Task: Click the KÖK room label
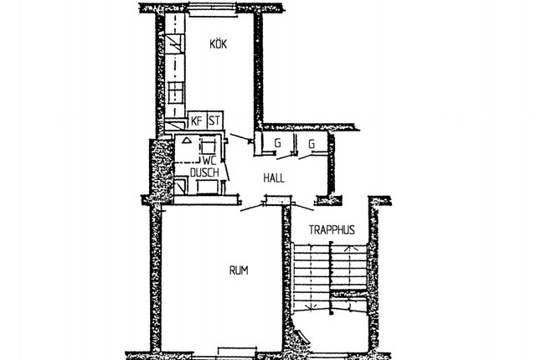tap(218, 44)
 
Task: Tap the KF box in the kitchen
tap(197, 121)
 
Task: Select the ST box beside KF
tap(214, 121)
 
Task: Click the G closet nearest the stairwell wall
tap(312, 143)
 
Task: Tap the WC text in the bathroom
tap(209, 161)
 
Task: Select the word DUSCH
tap(204, 172)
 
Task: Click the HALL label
tap(274, 178)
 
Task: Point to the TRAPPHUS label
tap(332, 230)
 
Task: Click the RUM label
tap(239, 270)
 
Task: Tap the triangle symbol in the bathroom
tap(186, 140)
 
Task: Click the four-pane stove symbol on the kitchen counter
tap(176, 93)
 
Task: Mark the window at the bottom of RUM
tap(237, 352)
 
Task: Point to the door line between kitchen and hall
tap(241, 136)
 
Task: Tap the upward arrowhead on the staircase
tap(351, 248)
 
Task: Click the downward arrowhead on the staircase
tap(311, 307)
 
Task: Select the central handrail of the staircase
tap(331, 277)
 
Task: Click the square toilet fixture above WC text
tap(209, 147)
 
